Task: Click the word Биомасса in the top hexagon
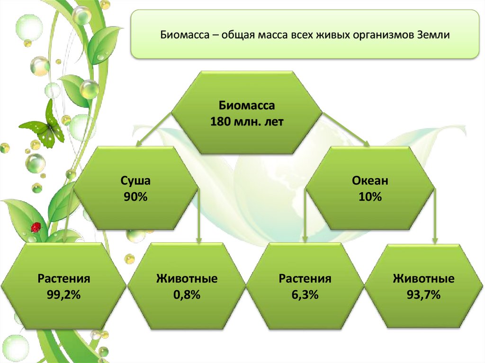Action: (x=246, y=105)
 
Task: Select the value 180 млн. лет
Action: (x=246, y=122)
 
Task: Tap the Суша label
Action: (x=136, y=180)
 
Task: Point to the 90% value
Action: (x=136, y=197)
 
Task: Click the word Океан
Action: (x=370, y=180)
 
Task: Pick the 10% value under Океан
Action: (x=370, y=197)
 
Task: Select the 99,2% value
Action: (x=64, y=295)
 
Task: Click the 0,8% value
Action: (x=187, y=295)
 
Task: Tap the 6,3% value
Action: (x=305, y=295)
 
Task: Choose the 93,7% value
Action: (x=423, y=295)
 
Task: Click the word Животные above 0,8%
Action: (x=187, y=278)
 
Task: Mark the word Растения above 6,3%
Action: (x=305, y=278)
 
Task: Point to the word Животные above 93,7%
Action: (x=423, y=278)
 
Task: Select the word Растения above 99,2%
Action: (x=64, y=278)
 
